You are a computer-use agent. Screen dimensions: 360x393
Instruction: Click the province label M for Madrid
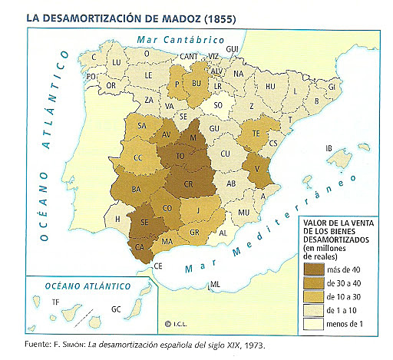pos(196,137)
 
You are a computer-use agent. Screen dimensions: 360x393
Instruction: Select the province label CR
pos(188,183)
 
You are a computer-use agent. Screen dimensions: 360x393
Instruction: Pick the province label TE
pos(256,133)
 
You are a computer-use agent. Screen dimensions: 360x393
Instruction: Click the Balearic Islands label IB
pos(329,148)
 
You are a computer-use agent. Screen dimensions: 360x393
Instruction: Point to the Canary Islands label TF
pos(54,302)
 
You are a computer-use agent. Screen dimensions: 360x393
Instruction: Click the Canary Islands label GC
pos(115,309)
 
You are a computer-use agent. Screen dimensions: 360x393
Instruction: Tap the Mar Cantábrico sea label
pos(167,38)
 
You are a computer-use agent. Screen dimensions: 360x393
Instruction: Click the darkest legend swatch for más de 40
pos(314,269)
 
